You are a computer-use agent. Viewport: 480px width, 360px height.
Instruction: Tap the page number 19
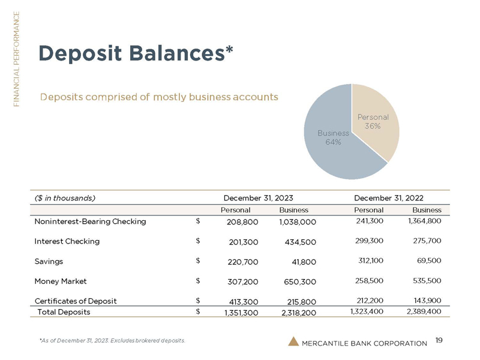click(439, 341)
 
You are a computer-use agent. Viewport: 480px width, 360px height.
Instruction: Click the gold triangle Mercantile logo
click(293, 341)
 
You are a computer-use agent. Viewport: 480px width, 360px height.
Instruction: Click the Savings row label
click(49, 262)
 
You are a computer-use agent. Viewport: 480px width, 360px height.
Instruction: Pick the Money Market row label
click(60, 281)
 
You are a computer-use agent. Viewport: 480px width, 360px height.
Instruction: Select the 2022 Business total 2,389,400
click(424, 311)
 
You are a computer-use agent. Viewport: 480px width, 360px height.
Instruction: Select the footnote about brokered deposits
click(112, 341)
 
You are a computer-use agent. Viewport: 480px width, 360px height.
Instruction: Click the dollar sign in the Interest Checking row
click(198, 241)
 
